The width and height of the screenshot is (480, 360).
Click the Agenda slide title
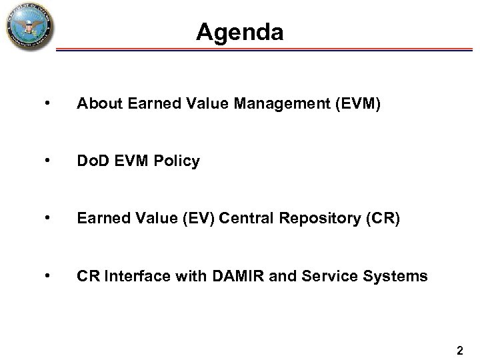point(240,32)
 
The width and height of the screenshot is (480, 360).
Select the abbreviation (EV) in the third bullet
point(190,218)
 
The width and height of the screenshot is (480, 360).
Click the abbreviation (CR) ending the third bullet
point(383,218)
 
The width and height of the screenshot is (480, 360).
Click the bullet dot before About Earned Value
point(45,103)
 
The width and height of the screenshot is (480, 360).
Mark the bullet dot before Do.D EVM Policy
point(45,161)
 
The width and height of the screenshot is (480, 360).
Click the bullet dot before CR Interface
point(45,275)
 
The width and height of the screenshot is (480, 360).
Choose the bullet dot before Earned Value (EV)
point(45,218)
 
